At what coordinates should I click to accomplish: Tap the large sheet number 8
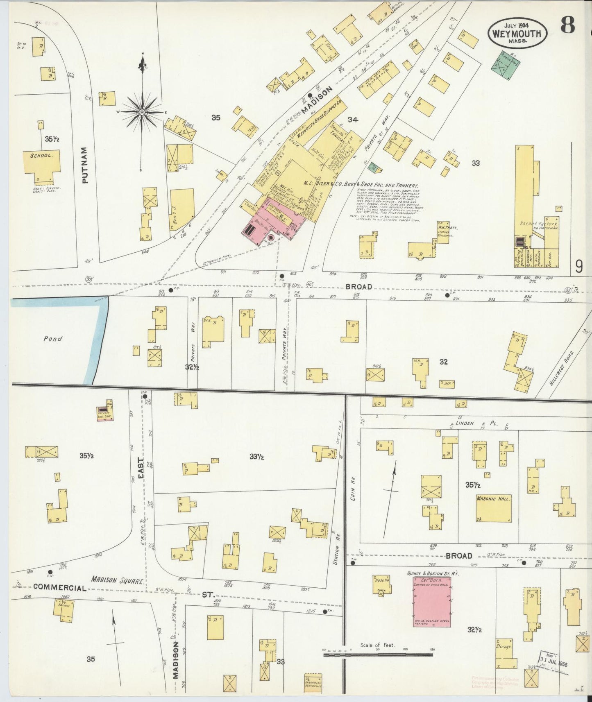(567, 26)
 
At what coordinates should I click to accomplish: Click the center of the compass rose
(142, 112)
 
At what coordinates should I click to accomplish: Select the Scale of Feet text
(377, 645)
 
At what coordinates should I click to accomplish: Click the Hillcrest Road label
(562, 369)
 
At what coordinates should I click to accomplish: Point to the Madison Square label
(117, 580)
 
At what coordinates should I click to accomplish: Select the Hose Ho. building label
(381, 580)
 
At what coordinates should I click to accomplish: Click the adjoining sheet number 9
(578, 267)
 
